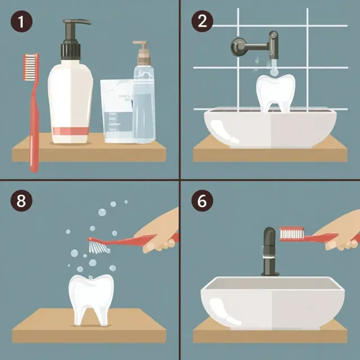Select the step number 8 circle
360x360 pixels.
[x=21, y=201]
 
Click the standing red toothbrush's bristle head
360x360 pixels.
[x=31, y=67]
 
